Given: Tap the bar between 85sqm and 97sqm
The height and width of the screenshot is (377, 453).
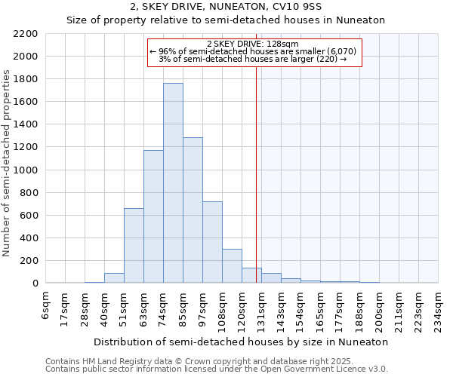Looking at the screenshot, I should pyautogui.click(x=193, y=210).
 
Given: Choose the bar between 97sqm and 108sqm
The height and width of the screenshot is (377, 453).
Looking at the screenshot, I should pyautogui.click(x=212, y=242).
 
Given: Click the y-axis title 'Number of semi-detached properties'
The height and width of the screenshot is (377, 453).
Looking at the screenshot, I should pyautogui.click(x=8, y=163).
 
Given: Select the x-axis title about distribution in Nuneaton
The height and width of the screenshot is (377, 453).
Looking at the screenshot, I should pyautogui.click(x=242, y=342).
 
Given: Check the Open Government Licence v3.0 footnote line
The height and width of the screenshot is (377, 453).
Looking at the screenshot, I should pyautogui.click(x=217, y=369).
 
